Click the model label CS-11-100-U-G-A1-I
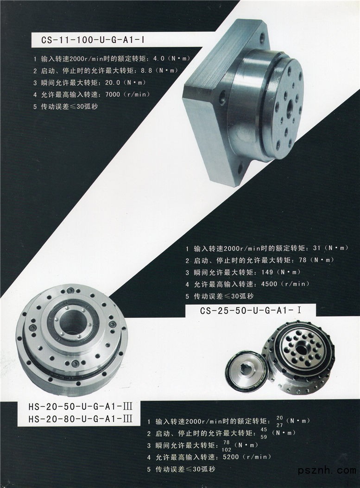[93, 40]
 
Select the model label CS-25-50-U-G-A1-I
[251, 311]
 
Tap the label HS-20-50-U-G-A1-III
[80, 407]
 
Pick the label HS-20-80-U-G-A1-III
[80, 419]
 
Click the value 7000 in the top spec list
[113, 94]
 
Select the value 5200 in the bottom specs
[231, 457]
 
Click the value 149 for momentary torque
[267, 272]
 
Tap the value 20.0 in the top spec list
[113, 82]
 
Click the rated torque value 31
[317, 248]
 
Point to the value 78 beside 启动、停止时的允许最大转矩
[303, 260]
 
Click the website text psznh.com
[327, 470]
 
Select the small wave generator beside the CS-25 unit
[246, 369]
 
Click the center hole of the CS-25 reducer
[301, 349]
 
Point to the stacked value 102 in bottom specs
[227, 450]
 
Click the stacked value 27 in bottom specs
[280, 425]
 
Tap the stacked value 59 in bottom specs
[264, 437]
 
